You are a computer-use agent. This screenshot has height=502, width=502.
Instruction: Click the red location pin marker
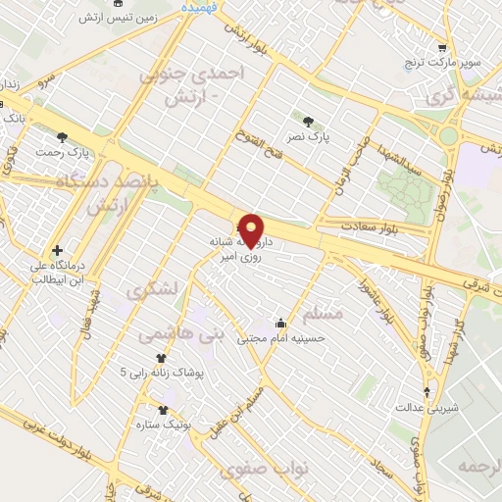click(x=252, y=230)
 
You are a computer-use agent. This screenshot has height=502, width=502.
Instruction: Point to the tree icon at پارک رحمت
click(x=62, y=137)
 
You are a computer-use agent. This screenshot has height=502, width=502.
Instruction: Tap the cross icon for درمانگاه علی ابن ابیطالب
click(x=58, y=251)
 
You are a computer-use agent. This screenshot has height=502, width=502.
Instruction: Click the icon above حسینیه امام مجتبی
click(x=281, y=322)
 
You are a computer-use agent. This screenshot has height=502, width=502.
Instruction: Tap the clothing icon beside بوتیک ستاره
click(x=163, y=411)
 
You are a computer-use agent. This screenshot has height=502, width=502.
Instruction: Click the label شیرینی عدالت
click(x=425, y=406)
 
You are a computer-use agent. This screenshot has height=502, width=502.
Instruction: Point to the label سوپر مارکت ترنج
click(x=445, y=62)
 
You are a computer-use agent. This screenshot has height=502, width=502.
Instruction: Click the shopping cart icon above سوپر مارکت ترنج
click(x=443, y=47)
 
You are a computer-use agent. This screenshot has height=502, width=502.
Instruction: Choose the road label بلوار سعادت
click(x=367, y=226)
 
